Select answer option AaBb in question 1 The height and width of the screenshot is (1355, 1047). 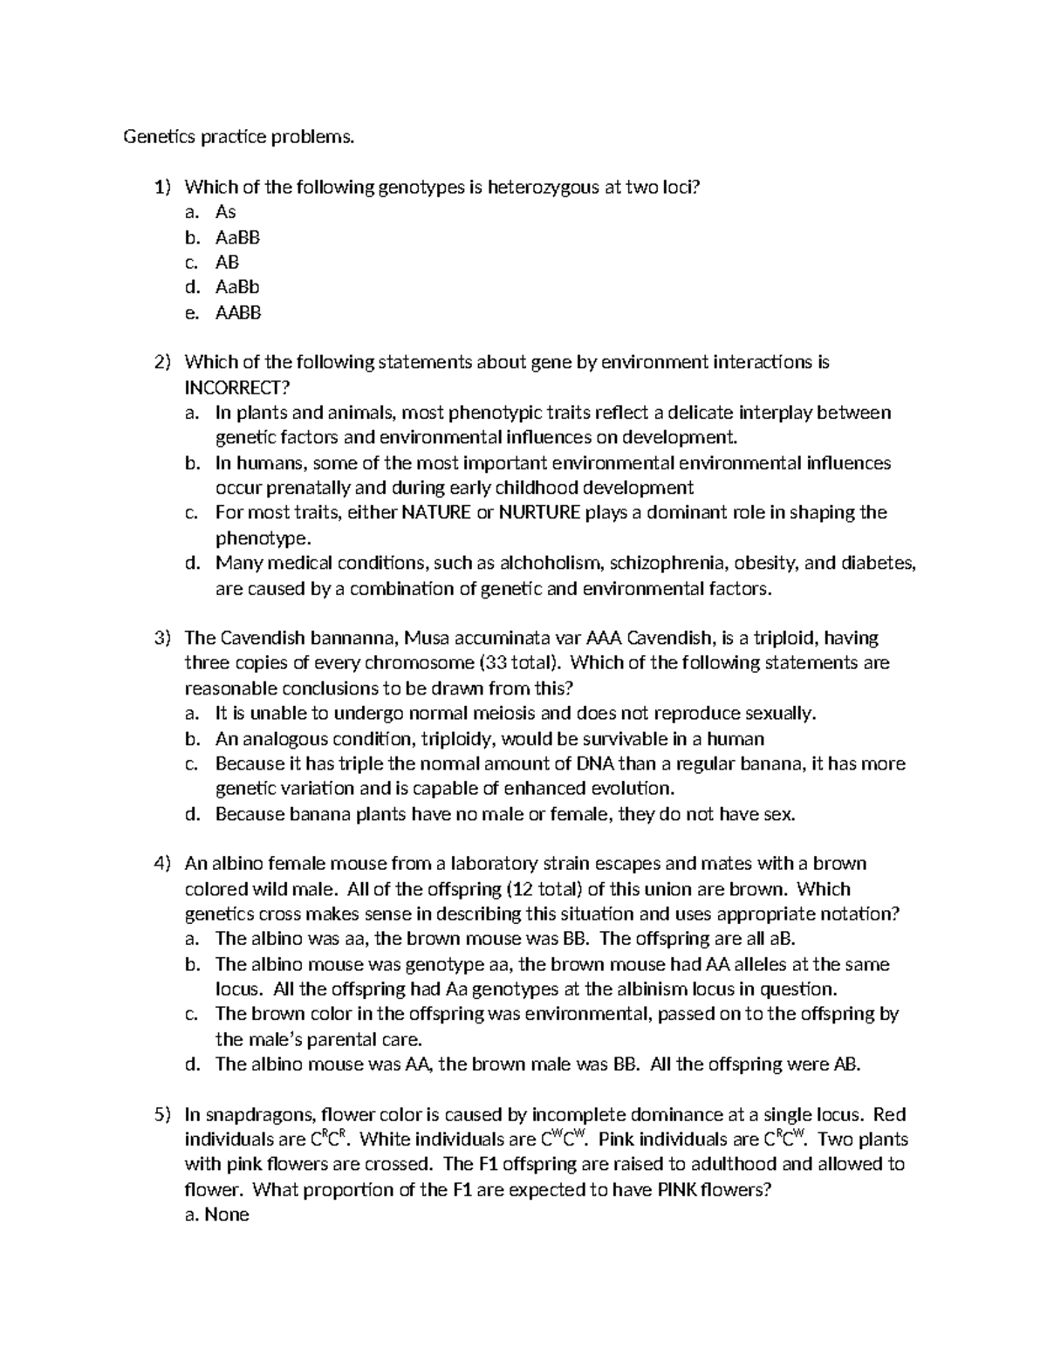pyautogui.click(x=237, y=287)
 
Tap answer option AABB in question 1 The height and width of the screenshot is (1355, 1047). pyautogui.click(x=238, y=312)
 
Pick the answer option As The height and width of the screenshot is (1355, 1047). pyautogui.click(x=225, y=212)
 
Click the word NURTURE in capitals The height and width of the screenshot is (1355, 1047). pyautogui.click(x=539, y=512)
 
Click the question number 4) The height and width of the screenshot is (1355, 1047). pyautogui.click(x=163, y=864)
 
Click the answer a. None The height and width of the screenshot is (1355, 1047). pyautogui.click(x=217, y=1215)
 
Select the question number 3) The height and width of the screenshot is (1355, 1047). pyautogui.click(x=163, y=638)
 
